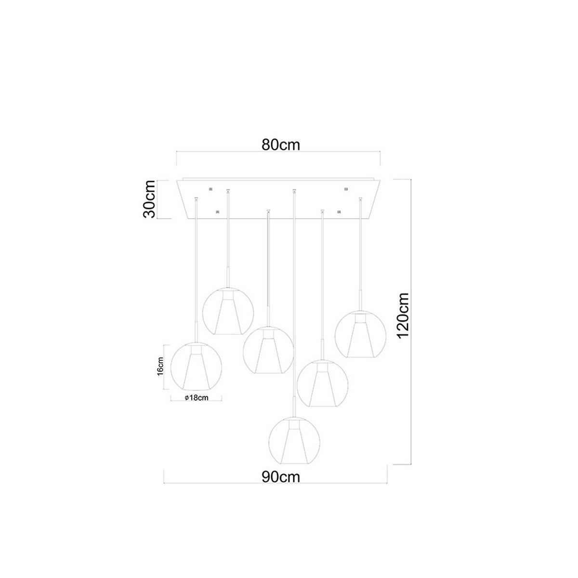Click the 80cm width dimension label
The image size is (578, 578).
[280, 145]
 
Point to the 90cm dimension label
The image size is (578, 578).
[280, 477]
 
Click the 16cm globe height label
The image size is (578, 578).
[160, 366]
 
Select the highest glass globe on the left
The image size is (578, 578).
[228, 311]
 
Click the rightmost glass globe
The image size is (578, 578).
[361, 334]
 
